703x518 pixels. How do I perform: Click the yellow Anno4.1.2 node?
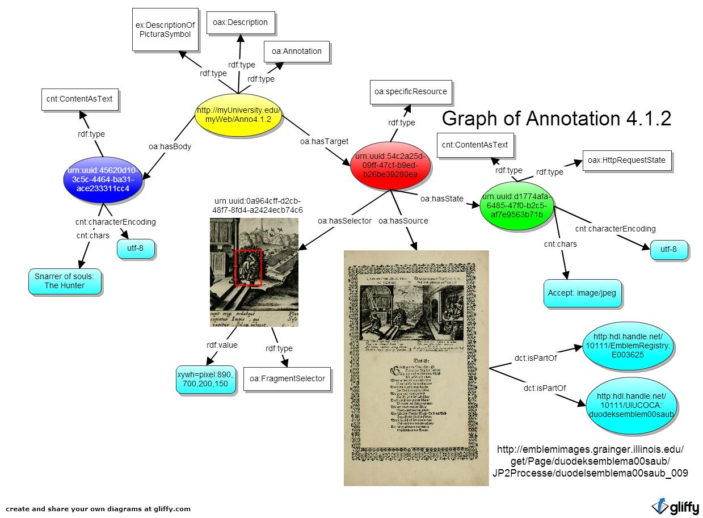click(x=238, y=115)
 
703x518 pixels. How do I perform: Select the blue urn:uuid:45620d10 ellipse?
click(x=103, y=179)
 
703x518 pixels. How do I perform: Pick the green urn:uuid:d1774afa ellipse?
click(x=516, y=206)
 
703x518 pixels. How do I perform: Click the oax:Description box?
click(x=240, y=23)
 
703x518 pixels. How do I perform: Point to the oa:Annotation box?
click(x=296, y=51)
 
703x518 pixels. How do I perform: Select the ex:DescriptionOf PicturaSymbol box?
click(x=165, y=30)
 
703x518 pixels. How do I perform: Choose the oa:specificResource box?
click(x=410, y=91)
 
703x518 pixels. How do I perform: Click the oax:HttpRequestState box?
click(x=626, y=160)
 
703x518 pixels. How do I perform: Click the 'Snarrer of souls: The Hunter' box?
click(x=65, y=281)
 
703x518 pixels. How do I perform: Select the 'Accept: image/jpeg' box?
click(x=582, y=293)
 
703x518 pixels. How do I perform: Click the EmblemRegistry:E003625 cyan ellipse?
click(x=628, y=346)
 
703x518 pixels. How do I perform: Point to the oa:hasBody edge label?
click(x=170, y=146)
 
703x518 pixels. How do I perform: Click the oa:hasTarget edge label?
click(x=324, y=141)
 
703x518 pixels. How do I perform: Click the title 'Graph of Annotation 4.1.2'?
click(x=556, y=119)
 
